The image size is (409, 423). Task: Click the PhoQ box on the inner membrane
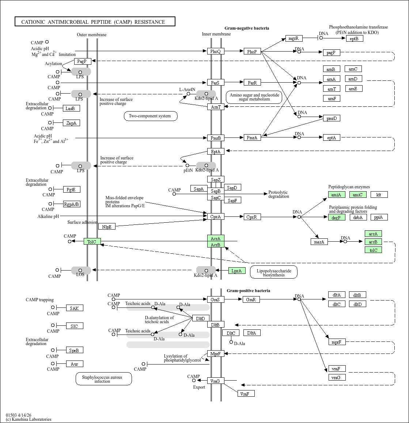click(x=215, y=52)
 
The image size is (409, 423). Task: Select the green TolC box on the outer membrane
click(x=92, y=241)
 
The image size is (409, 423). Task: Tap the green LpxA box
click(x=236, y=271)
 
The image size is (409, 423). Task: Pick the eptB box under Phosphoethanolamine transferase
click(x=354, y=38)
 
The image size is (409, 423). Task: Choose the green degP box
click(x=337, y=217)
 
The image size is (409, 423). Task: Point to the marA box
click(x=319, y=242)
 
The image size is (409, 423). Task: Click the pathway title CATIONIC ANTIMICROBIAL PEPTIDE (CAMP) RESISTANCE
click(x=95, y=22)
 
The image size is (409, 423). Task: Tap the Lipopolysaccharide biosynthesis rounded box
click(x=274, y=272)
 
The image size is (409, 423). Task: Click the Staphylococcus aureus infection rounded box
click(x=103, y=379)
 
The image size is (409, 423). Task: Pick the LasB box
click(x=71, y=108)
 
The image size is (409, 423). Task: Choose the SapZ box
click(x=215, y=180)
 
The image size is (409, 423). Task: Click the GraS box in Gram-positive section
click(x=215, y=299)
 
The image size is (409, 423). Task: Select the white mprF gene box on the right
click(x=337, y=342)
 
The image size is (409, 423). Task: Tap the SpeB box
click(x=75, y=350)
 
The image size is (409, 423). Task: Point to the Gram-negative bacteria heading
click(x=247, y=28)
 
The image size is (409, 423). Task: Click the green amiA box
click(x=337, y=194)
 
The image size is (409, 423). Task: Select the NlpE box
click(x=107, y=227)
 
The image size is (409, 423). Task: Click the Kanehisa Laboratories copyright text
click(x=29, y=419)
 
